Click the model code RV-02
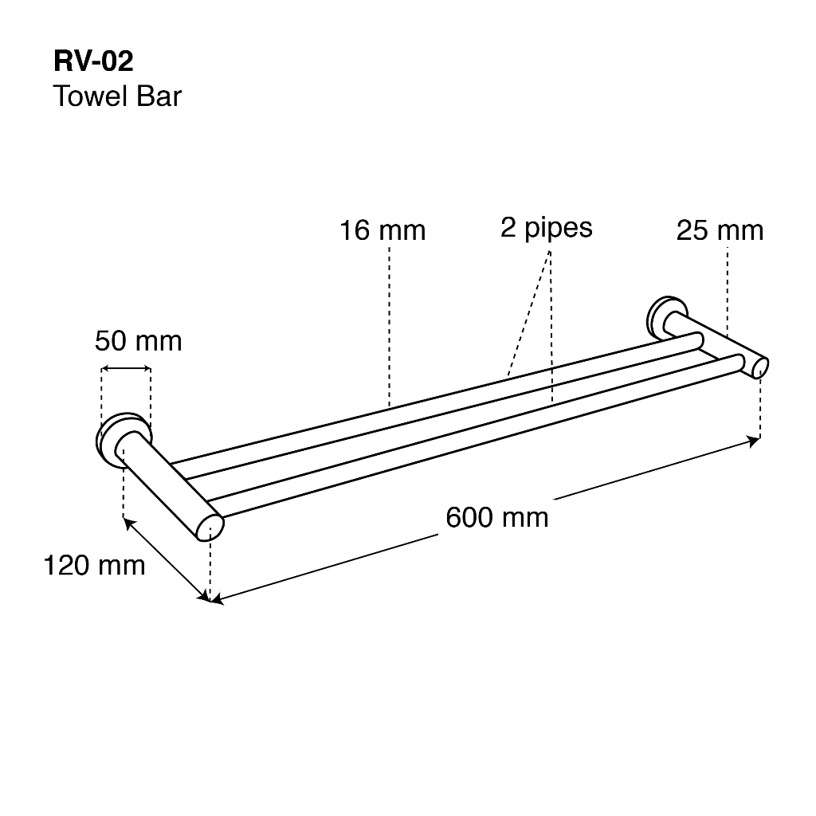pos(94,61)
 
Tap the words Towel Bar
pos(118,96)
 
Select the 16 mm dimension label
pos(382,230)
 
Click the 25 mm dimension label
pos(720,230)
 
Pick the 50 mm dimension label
pos(139,341)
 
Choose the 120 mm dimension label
pos(94,566)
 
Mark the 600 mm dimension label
pos(497,518)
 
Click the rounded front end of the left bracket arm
pos(210,528)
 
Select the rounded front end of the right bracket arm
pos(759,368)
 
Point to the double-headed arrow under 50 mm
pos(126,369)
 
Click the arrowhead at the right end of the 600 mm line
pos(754,441)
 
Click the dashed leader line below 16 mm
pos(389,326)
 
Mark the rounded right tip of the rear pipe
pos(697,340)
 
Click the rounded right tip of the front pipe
pos(738,363)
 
